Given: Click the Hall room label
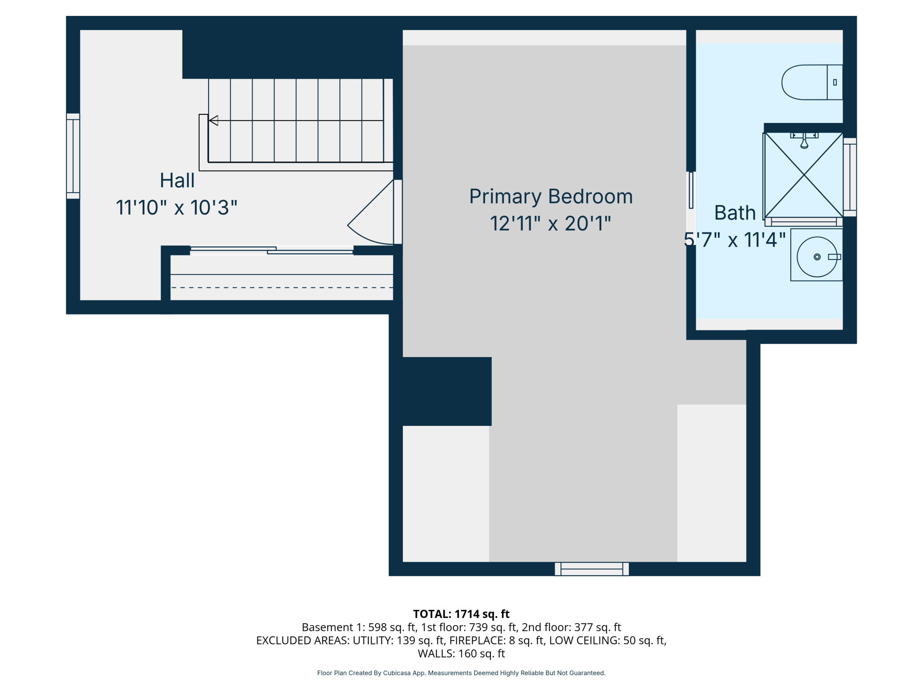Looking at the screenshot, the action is [177, 181].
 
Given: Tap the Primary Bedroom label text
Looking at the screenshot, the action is [551, 197].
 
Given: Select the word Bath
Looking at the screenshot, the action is [735, 213].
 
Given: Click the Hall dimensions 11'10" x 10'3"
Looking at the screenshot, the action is [177, 208].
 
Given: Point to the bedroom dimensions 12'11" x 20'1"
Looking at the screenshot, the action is [550, 224].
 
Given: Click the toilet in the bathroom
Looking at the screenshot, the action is [812, 82].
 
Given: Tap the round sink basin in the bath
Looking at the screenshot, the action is [817, 257].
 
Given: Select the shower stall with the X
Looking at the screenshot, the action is [804, 175].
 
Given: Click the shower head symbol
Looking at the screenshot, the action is [804, 140].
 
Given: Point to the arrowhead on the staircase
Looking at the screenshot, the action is [213, 120].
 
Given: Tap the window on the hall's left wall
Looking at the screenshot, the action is [73, 156].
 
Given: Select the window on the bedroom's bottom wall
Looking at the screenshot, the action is [592, 569].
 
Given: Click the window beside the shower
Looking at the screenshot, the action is [850, 177].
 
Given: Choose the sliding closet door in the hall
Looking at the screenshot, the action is [272, 250].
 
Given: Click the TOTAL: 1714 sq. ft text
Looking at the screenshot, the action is [461, 614].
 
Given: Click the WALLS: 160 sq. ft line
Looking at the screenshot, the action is [461, 653].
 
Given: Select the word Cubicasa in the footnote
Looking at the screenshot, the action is [397, 673].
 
